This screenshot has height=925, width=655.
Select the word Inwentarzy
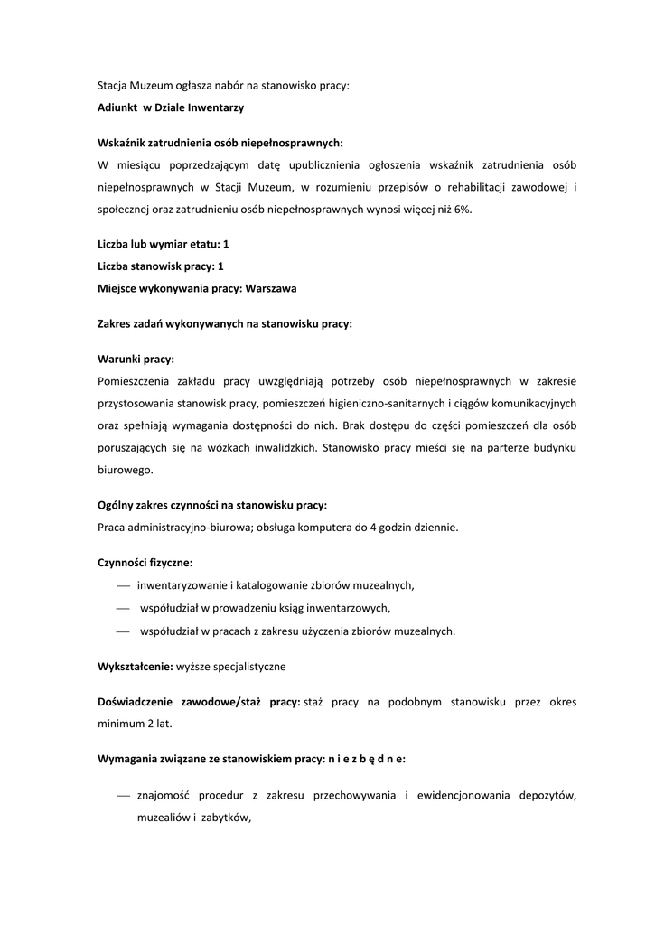(215, 107)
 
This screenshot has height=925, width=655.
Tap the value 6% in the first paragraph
(462, 210)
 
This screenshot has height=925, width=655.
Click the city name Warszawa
(271, 288)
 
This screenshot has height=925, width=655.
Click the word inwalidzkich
(279, 448)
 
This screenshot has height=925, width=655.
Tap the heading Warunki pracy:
(136, 358)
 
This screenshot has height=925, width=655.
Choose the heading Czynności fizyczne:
(145, 562)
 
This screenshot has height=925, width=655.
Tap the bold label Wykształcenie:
(135, 666)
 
